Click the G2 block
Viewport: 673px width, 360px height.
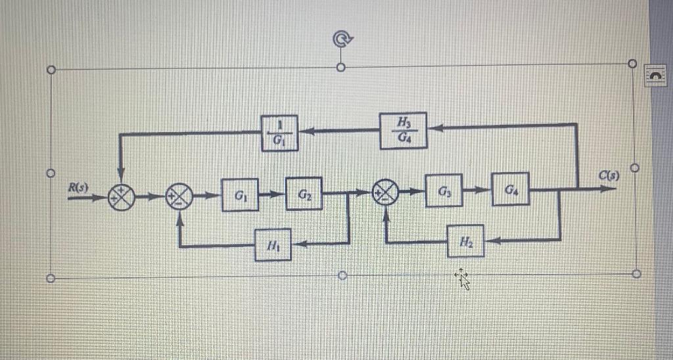click(x=304, y=194)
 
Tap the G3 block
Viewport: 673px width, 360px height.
click(x=444, y=192)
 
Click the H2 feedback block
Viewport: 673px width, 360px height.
click(x=465, y=241)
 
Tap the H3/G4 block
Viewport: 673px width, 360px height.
click(x=402, y=130)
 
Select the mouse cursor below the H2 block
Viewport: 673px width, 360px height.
click(x=463, y=279)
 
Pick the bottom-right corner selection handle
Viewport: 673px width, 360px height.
click(x=636, y=273)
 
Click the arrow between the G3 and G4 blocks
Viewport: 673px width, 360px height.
click(x=478, y=191)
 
